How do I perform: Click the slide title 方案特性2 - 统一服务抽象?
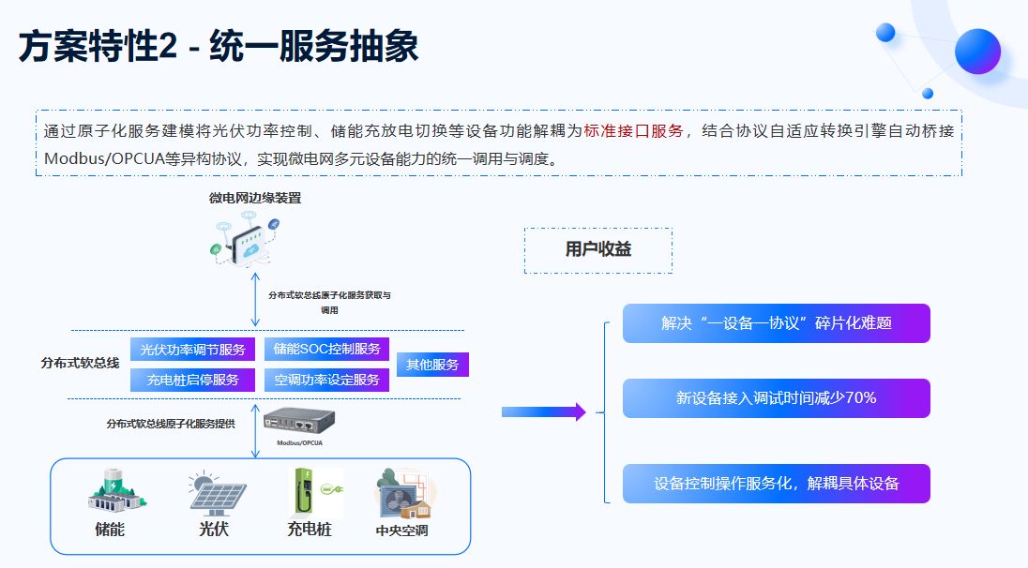click(x=219, y=47)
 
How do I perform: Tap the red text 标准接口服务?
click(x=633, y=131)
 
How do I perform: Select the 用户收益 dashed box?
click(x=597, y=250)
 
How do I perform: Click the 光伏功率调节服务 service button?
click(x=192, y=350)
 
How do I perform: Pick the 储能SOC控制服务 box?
click(x=326, y=350)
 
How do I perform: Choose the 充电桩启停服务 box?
click(x=192, y=380)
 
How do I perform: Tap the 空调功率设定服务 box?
click(x=326, y=380)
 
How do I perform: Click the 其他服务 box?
click(x=432, y=365)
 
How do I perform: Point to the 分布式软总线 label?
click(x=80, y=363)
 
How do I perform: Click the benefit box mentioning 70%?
click(x=777, y=398)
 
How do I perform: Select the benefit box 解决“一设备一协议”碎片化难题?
click(x=777, y=323)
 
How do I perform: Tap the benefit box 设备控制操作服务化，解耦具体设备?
click(x=777, y=484)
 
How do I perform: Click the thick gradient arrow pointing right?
click(x=543, y=412)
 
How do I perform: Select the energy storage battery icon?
click(x=116, y=491)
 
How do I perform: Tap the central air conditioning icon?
click(x=404, y=494)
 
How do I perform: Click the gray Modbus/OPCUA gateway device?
click(x=299, y=421)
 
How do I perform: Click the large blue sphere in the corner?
click(x=977, y=52)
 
